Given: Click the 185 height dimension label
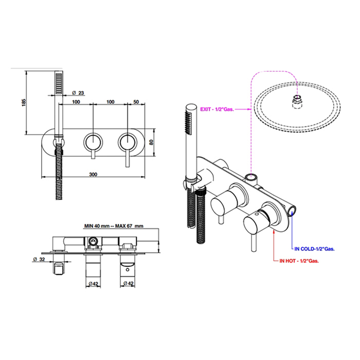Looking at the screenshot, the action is click(24, 102).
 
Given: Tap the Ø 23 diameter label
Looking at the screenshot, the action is click(78, 93).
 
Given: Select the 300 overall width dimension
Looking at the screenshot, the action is click(93, 174).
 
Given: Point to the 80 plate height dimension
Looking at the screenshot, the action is click(151, 142).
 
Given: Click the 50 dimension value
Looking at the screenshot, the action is click(136, 102).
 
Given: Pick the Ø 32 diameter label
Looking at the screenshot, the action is click(39, 259).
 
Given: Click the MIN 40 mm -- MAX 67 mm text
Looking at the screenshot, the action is click(114, 226).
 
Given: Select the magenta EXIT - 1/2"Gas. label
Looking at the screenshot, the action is click(217, 109).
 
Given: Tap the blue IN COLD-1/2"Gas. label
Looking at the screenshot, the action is click(314, 249).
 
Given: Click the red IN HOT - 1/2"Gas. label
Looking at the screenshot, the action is click(299, 261).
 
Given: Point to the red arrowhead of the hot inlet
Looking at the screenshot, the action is click(274, 231).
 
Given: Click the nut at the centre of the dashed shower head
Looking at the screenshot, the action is click(297, 101).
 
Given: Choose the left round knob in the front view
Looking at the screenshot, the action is click(93, 142).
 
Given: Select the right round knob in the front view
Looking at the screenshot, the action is click(128, 142).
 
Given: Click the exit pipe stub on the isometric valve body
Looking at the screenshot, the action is click(251, 178).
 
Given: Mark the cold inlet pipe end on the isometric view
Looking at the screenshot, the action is click(293, 211).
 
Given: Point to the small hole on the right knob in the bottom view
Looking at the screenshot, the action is click(128, 270).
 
